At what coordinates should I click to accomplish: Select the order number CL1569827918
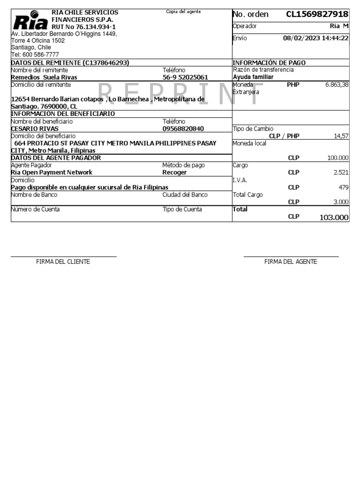pos(317,14)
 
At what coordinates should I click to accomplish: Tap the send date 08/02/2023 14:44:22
pos(316,38)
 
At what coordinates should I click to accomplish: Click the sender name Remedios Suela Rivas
pos(44,77)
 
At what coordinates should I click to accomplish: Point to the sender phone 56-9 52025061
pos(185,77)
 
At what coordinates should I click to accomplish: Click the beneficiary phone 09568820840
pos(183,128)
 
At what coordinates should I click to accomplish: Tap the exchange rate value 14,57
pos(341,136)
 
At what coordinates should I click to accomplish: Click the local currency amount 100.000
pos(338,158)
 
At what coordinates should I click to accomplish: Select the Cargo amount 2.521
pos(341,172)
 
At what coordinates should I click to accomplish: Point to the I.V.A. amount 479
pos(344,187)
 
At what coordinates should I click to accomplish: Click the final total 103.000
pos(334,217)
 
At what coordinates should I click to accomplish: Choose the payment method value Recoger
pos(174,172)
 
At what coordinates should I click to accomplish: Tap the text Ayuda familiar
pos(253,77)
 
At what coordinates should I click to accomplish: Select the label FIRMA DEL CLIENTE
pos(63,262)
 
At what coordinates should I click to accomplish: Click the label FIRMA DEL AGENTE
pos(291,262)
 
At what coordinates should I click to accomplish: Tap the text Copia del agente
pos(183,11)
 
